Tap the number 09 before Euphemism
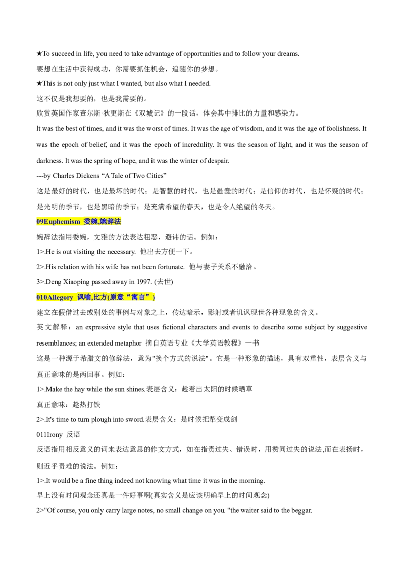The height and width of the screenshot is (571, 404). pos(40,222)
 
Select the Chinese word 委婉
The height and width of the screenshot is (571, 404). pos(90,221)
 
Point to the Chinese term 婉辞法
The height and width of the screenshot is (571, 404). pos(111,221)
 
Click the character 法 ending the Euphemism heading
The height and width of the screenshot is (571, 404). pos(118,221)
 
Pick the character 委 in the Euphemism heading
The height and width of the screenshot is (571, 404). pos(87,221)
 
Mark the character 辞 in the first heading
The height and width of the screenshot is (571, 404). pos(111,221)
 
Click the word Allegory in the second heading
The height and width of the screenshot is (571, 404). pos(60,298)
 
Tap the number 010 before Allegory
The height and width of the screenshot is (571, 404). pos(41,298)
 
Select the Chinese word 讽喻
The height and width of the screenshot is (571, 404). pos(84,297)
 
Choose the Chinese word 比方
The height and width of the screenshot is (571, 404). pos(100,297)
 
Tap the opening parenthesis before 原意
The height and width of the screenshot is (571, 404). pos(108,297)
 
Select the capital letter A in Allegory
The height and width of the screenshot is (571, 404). pos(49,298)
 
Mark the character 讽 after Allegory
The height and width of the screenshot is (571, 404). pos(80,297)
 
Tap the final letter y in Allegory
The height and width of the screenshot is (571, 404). pos(71,298)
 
